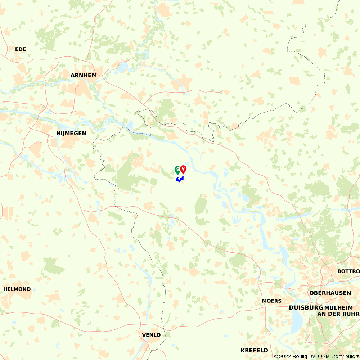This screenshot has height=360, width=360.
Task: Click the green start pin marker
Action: (x=177, y=170)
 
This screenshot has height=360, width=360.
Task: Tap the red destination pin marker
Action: (x=183, y=169)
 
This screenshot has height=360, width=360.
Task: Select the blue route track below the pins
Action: (x=179, y=179)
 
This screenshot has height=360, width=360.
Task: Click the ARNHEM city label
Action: (x=84, y=75)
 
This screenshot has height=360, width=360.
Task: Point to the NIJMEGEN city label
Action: (x=71, y=133)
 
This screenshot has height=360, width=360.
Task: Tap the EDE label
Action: (x=21, y=49)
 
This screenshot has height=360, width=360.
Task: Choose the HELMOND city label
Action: (x=17, y=289)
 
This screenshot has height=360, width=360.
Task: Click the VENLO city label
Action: (x=152, y=335)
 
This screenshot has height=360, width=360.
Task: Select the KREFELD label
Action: (x=255, y=350)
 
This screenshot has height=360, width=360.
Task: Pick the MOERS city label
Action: (x=272, y=301)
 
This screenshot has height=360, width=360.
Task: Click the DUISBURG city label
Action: (x=306, y=308)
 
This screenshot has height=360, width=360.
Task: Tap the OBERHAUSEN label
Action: (x=330, y=293)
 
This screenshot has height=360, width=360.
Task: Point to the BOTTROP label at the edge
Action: (x=348, y=271)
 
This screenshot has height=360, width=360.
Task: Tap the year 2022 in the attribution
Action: (x=285, y=356)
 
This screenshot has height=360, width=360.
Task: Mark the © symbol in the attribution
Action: (x=276, y=356)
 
